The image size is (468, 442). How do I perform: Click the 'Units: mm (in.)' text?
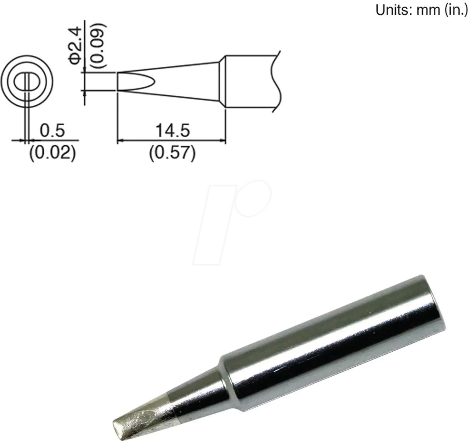click(421, 10)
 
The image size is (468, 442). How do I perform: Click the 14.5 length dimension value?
click(172, 131)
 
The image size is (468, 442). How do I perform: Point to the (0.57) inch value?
click(172, 154)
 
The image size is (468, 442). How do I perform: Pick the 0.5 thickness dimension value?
click(52, 131)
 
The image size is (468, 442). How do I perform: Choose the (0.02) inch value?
click(53, 154)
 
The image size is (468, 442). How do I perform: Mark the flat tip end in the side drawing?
click(118, 81)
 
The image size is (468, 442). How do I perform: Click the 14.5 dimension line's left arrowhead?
click(120, 141)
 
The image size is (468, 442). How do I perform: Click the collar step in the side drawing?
click(222, 81)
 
